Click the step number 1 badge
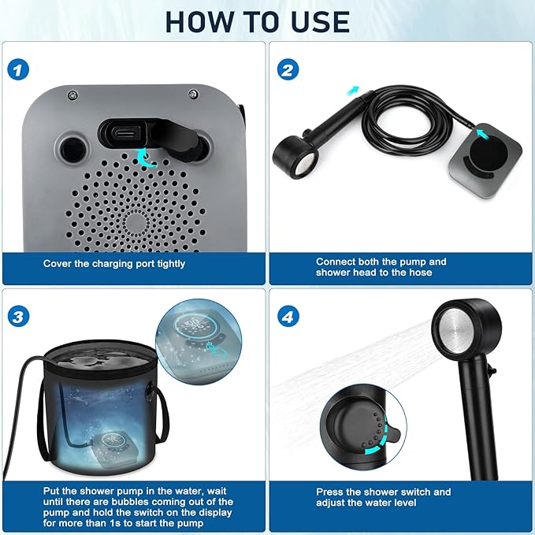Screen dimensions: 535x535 pyautogui.click(x=20, y=69)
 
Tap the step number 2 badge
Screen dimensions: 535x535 pyautogui.click(x=288, y=69)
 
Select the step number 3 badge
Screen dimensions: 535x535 pyautogui.click(x=20, y=318)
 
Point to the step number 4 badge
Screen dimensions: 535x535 pyautogui.click(x=288, y=318)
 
